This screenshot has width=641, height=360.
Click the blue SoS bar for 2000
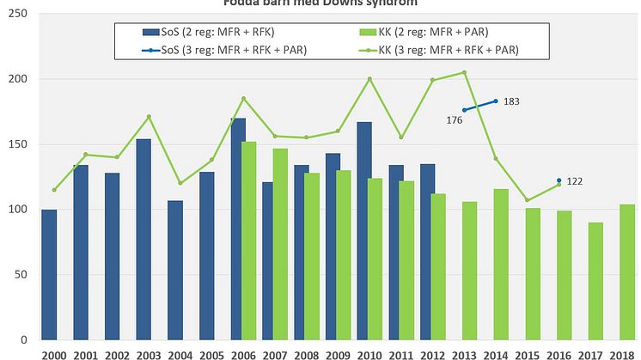point(49,274)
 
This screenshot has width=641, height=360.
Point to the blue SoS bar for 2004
point(175,270)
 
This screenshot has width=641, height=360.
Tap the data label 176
point(455,120)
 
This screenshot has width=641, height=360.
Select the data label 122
point(576,181)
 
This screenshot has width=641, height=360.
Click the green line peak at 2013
point(464,72)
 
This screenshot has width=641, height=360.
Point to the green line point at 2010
point(369,79)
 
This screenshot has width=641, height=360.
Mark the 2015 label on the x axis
point(527,353)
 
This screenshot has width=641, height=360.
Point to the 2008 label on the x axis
point(306,353)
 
